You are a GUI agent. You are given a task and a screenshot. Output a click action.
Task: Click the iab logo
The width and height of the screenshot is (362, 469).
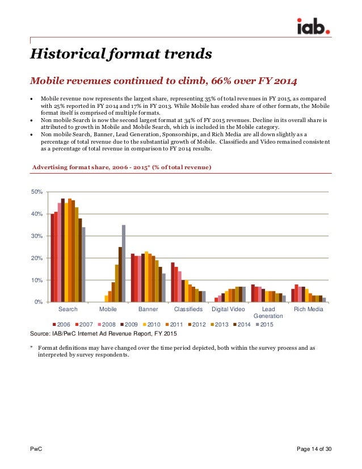coord(315,26)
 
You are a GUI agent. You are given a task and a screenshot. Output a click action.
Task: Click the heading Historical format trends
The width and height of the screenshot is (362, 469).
coord(121,55)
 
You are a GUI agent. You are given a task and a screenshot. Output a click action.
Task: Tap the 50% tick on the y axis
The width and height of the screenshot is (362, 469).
coord(37,192)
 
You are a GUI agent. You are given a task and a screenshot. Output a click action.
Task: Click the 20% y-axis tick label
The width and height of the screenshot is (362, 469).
coord(37,258)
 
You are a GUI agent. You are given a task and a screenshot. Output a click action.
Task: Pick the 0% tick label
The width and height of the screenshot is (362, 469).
coord(39,301)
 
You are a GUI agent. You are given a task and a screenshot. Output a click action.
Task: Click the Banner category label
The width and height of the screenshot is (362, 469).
coord(148,309)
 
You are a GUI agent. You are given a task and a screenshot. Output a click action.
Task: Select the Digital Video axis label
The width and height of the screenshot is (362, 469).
coord(229,309)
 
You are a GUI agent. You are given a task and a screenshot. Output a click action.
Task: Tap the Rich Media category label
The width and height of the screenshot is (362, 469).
coord(309,309)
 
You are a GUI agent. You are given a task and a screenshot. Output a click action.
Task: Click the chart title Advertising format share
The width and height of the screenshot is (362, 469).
coord(122,167)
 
